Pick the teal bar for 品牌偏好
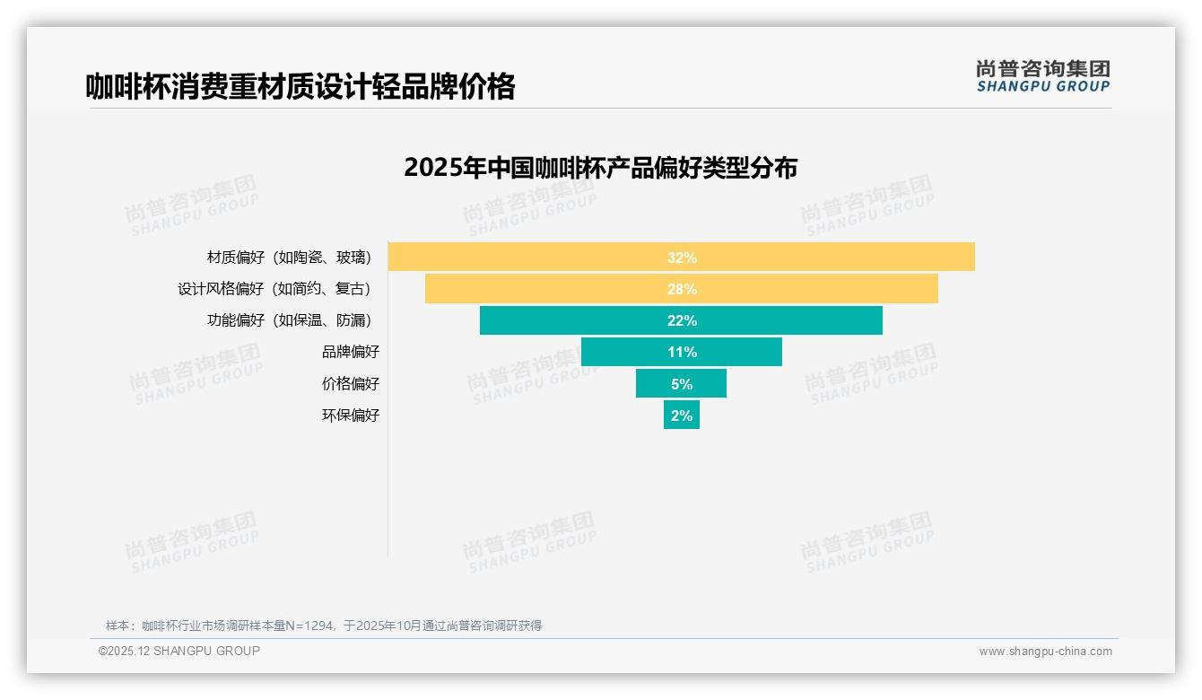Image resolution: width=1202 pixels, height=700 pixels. click(x=628, y=352)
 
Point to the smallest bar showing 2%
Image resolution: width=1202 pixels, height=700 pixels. click(x=682, y=415)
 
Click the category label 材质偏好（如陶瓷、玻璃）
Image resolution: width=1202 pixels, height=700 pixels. click(x=289, y=258)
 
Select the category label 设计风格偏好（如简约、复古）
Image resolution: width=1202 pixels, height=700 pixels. click(x=274, y=289)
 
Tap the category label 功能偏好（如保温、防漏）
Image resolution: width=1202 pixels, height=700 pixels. click(x=289, y=320)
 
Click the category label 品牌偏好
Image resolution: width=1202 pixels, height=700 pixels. click(x=351, y=352)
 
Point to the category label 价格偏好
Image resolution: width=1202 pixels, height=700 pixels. click(x=351, y=383)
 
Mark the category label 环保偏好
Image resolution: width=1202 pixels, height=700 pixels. click(x=351, y=415)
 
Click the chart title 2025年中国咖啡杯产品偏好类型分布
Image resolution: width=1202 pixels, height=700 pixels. click(x=600, y=168)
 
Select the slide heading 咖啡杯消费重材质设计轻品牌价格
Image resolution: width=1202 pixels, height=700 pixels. click(x=300, y=87)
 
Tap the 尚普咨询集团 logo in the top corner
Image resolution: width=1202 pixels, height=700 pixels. click(x=1043, y=75)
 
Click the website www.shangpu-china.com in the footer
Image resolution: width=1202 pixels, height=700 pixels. click(x=1045, y=652)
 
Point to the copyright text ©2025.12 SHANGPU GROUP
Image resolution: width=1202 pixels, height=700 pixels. click(x=179, y=651)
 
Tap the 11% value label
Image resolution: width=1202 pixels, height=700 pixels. click(x=682, y=352)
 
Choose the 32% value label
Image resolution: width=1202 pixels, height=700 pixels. click(x=682, y=258)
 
